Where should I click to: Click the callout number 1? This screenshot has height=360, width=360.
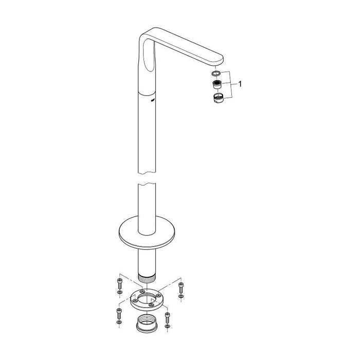(x=241, y=82)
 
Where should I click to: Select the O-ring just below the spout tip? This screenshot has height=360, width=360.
(x=217, y=73)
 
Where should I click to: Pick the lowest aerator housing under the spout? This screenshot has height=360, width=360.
(x=217, y=98)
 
